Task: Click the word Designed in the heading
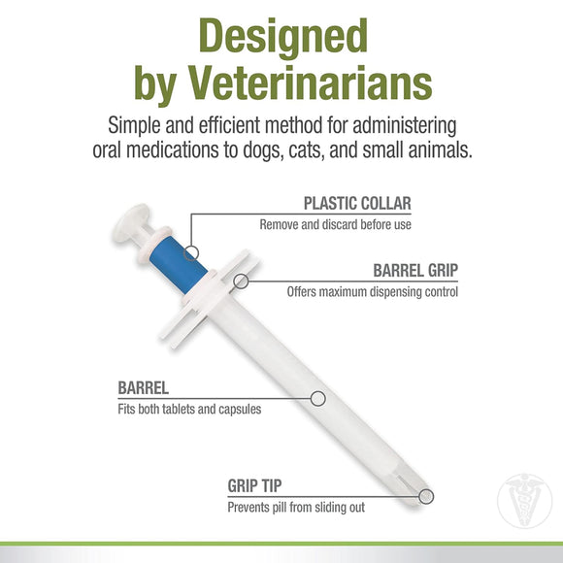pyautogui.click(x=281, y=37)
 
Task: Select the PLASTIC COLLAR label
pyautogui.click(x=356, y=204)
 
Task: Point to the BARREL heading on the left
pyautogui.click(x=144, y=388)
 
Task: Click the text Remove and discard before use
pyautogui.click(x=335, y=225)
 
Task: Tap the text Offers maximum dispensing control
pyautogui.click(x=372, y=292)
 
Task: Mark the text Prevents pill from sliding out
pyautogui.click(x=297, y=507)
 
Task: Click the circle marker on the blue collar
pyautogui.click(x=192, y=252)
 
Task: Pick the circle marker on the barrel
pyautogui.click(x=316, y=398)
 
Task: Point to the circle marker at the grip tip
pyautogui.click(x=425, y=496)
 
